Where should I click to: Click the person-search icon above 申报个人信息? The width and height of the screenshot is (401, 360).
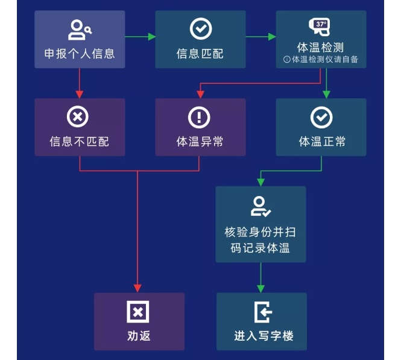[80, 29]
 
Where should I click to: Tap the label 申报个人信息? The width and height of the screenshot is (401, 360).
[80, 54]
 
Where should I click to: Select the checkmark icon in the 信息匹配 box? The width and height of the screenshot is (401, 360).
[200, 28]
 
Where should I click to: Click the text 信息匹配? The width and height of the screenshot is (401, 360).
[200, 54]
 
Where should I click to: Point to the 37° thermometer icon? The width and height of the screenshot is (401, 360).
[320, 26]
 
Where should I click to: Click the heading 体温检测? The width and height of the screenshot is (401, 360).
[321, 48]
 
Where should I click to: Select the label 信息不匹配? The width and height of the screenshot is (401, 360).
[79, 142]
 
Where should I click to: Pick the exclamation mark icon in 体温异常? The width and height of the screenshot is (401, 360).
[200, 117]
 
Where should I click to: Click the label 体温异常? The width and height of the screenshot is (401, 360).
[200, 142]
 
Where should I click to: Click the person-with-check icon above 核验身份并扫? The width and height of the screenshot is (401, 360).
[260, 206]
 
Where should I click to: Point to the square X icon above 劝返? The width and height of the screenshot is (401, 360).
[138, 312]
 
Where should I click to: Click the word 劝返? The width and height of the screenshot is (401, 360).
[139, 336]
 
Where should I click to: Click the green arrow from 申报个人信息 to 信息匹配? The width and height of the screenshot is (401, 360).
[140, 37]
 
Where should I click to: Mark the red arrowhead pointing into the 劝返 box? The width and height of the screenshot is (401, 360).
[138, 288]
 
